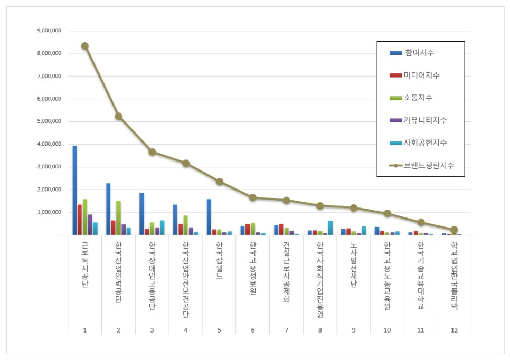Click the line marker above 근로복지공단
pyautogui.click(x=84, y=46)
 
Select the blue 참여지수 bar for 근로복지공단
pyautogui.click(x=75, y=190)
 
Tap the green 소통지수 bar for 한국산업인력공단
pyautogui.click(x=118, y=217)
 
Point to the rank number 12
pyautogui.click(x=454, y=330)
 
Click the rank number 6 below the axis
pyautogui.click(x=253, y=330)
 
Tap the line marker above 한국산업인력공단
pyautogui.click(x=118, y=116)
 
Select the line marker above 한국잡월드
pyautogui.click(x=219, y=182)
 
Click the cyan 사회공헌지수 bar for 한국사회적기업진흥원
pyautogui.click(x=330, y=228)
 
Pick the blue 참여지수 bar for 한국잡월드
pyautogui.click(x=209, y=217)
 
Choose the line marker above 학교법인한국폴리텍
pyautogui.click(x=454, y=230)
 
